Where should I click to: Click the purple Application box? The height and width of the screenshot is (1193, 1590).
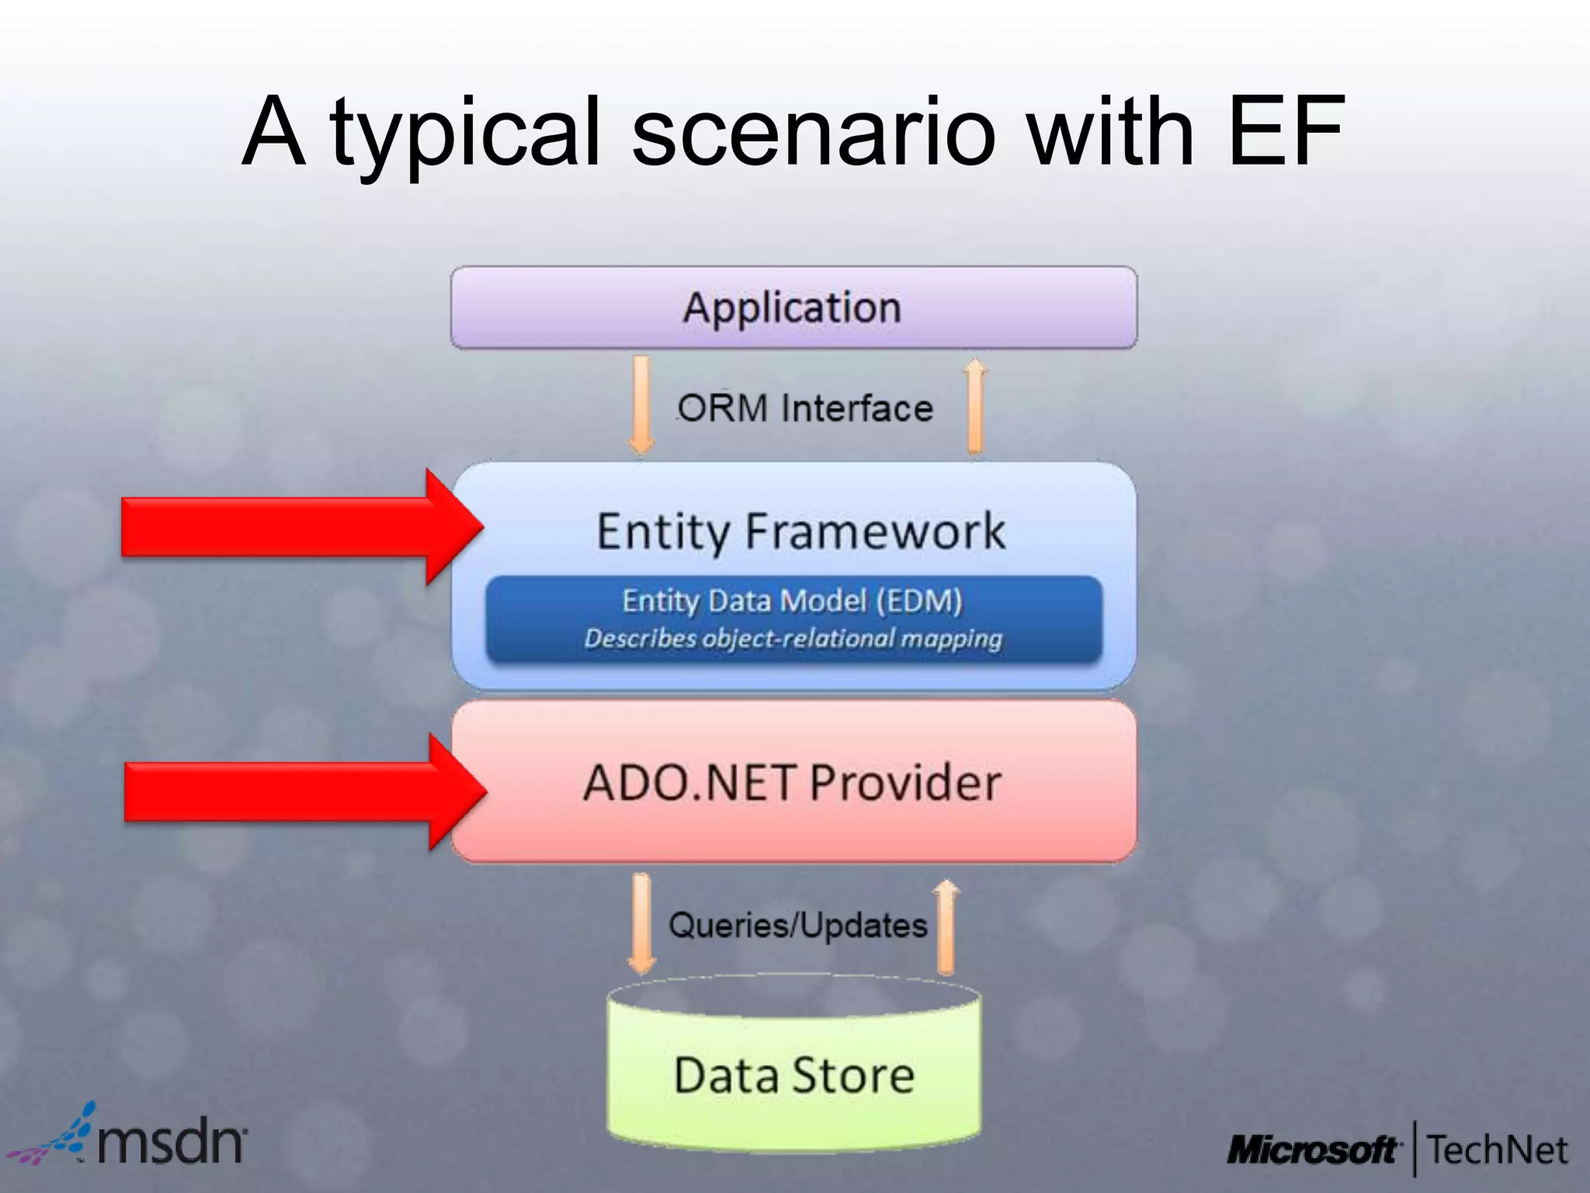793,308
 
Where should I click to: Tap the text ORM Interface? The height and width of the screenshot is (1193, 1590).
805,409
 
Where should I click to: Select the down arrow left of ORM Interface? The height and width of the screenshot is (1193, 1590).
641,404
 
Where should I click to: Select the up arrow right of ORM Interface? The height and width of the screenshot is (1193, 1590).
975,405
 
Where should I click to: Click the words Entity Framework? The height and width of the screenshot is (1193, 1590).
800,532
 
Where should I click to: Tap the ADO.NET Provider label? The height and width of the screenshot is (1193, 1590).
792,782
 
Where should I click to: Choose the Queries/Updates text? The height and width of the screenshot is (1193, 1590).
798,925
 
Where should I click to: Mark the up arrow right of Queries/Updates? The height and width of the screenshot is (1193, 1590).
946,926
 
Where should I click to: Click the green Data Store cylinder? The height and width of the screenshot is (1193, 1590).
793,1076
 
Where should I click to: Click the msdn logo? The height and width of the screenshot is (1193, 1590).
132,1138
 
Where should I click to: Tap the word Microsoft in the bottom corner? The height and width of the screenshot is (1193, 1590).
1313,1150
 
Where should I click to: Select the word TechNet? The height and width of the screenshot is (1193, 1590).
1497,1150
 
